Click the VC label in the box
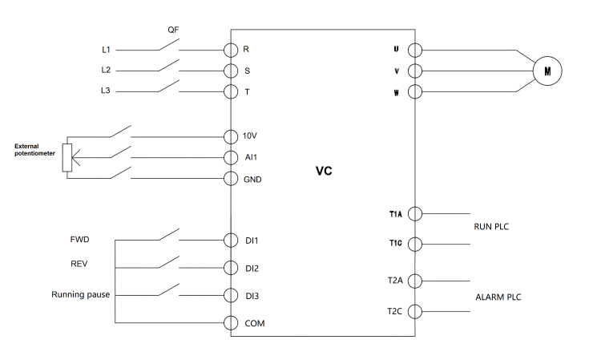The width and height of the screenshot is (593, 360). (x=324, y=171)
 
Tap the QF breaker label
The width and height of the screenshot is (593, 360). (x=173, y=30)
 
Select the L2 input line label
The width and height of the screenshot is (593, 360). (x=106, y=70)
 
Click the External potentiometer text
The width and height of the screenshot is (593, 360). (x=34, y=149)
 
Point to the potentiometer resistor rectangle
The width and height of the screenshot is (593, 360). (x=67, y=158)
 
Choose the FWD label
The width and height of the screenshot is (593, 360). (x=79, y=239)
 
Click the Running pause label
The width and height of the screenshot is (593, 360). (x=81, y=294)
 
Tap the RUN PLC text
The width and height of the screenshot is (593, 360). (x=491, y=226)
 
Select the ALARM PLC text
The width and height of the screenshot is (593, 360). (x=498, y=297)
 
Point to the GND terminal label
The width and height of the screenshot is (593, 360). (x=252, y=180)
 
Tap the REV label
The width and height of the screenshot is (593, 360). (x=79, y=264)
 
